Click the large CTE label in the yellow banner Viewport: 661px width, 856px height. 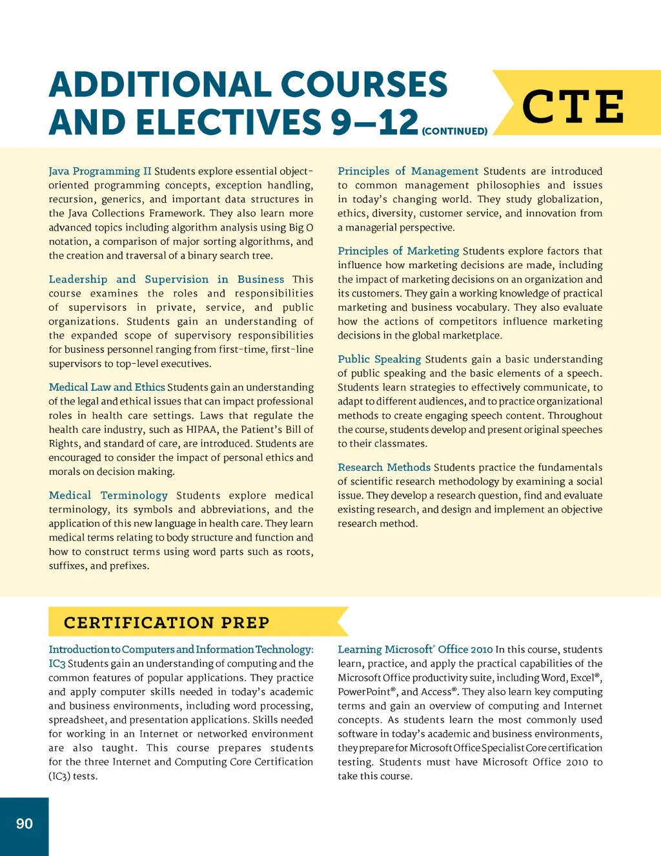(x=573, y=107)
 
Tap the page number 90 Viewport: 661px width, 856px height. (x=25, y=824)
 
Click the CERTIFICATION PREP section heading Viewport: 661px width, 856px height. (x=167, y=623)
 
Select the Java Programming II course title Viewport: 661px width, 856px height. (x=100, y=171)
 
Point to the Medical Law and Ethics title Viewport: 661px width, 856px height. (x=107, y=387)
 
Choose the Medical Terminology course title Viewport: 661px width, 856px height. (x=108, y=496)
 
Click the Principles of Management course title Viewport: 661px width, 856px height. (x=408, y=171)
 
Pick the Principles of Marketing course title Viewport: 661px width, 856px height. (x=398, y=251)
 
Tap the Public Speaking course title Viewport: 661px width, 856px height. (x=379, y=359)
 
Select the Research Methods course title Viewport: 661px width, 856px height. (x=384, y=467)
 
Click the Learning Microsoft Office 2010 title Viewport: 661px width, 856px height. (x=415, y=649)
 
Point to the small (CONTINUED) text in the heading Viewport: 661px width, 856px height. (x=454, y=131)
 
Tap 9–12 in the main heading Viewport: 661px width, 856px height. (x=374, y=122)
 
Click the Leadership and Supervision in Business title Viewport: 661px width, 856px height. (x=167, y=279)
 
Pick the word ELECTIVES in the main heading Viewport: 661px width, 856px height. (x=229, y=122)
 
